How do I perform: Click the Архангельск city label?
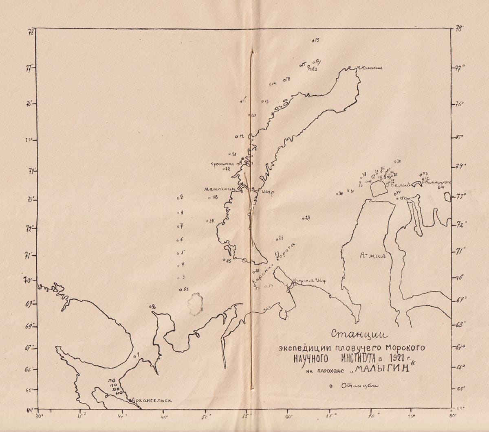(x=150, y=400)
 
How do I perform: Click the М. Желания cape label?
(x=369, y=68)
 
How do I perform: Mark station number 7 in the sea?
(x=180, y=226)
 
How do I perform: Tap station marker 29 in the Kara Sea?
(x=306, y=218)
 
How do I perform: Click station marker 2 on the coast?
(x=153, y=306)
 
